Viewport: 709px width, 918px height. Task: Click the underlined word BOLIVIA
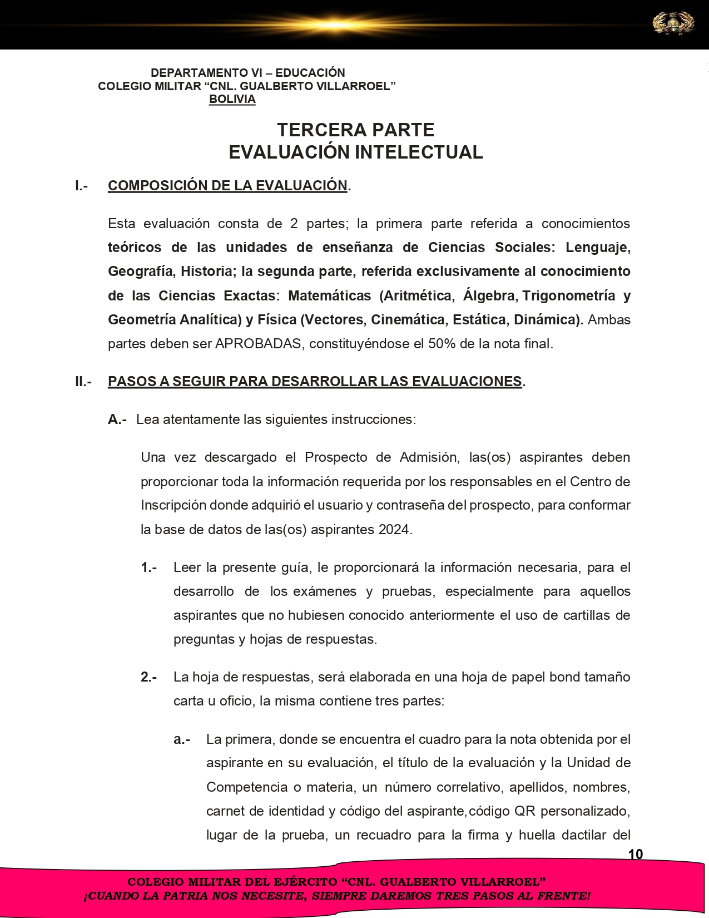(232, 100)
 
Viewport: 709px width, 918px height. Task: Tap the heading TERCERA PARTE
(355, 130)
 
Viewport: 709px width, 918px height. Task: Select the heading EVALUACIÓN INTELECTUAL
(355, 152)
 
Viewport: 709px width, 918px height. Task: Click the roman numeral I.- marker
(82, 186)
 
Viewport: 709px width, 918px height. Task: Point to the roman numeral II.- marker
(83, 382)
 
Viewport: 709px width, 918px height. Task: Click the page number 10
(635, 854)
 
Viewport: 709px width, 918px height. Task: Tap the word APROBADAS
(259, 344)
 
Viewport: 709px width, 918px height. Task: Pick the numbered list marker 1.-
(148, 567)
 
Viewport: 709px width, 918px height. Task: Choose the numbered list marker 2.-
(148, 677)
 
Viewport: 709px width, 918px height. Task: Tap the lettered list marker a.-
(182, 739)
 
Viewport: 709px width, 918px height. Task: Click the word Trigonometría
(568, 295)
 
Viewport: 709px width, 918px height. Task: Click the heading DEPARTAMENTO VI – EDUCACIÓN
(248, 73)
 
